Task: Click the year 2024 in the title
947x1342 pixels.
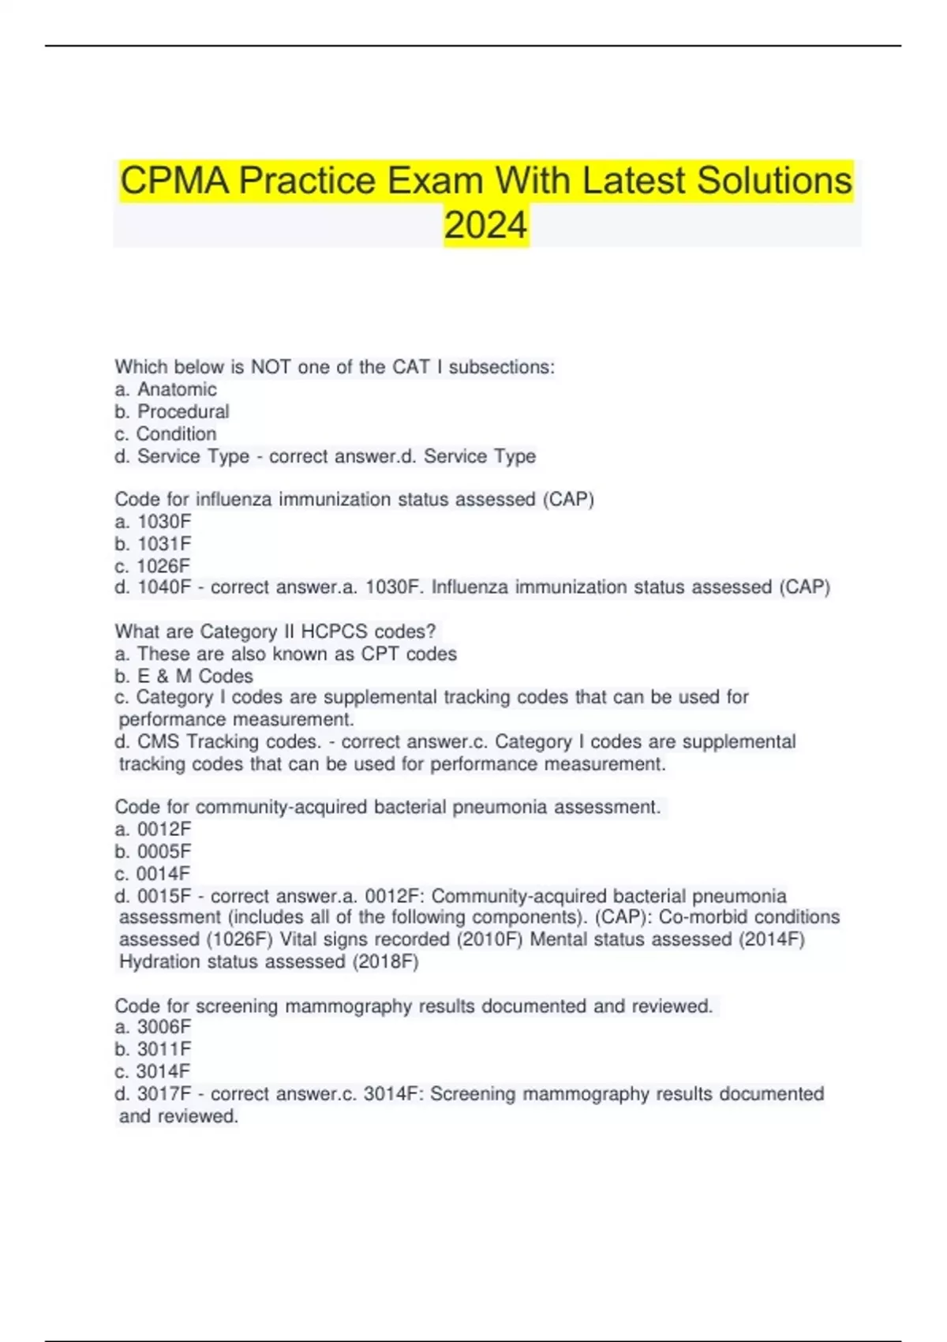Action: [x=485, y=225]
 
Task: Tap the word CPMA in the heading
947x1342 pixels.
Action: [x=174, y=181]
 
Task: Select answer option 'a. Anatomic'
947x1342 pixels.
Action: [x=166, y=389]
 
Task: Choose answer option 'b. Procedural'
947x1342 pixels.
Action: [x=172, y=411]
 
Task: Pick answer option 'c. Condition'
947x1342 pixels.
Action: [x=166, y=433]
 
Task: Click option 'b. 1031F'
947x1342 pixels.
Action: [x=153, y=543]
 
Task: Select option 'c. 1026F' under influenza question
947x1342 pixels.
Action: [x=153, y=565]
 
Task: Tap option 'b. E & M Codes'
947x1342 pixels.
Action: [x=184, y=676]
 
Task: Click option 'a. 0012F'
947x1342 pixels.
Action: [x=153, y=829]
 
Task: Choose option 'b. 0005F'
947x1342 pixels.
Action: [x=153, y=851]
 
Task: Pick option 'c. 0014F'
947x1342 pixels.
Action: [x=153, y=873]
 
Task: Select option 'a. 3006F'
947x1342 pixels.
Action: [x=153, y=1026]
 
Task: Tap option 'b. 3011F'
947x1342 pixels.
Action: [x=153, y=1048]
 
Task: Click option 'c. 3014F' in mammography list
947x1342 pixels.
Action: [x=153, y=1070]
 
